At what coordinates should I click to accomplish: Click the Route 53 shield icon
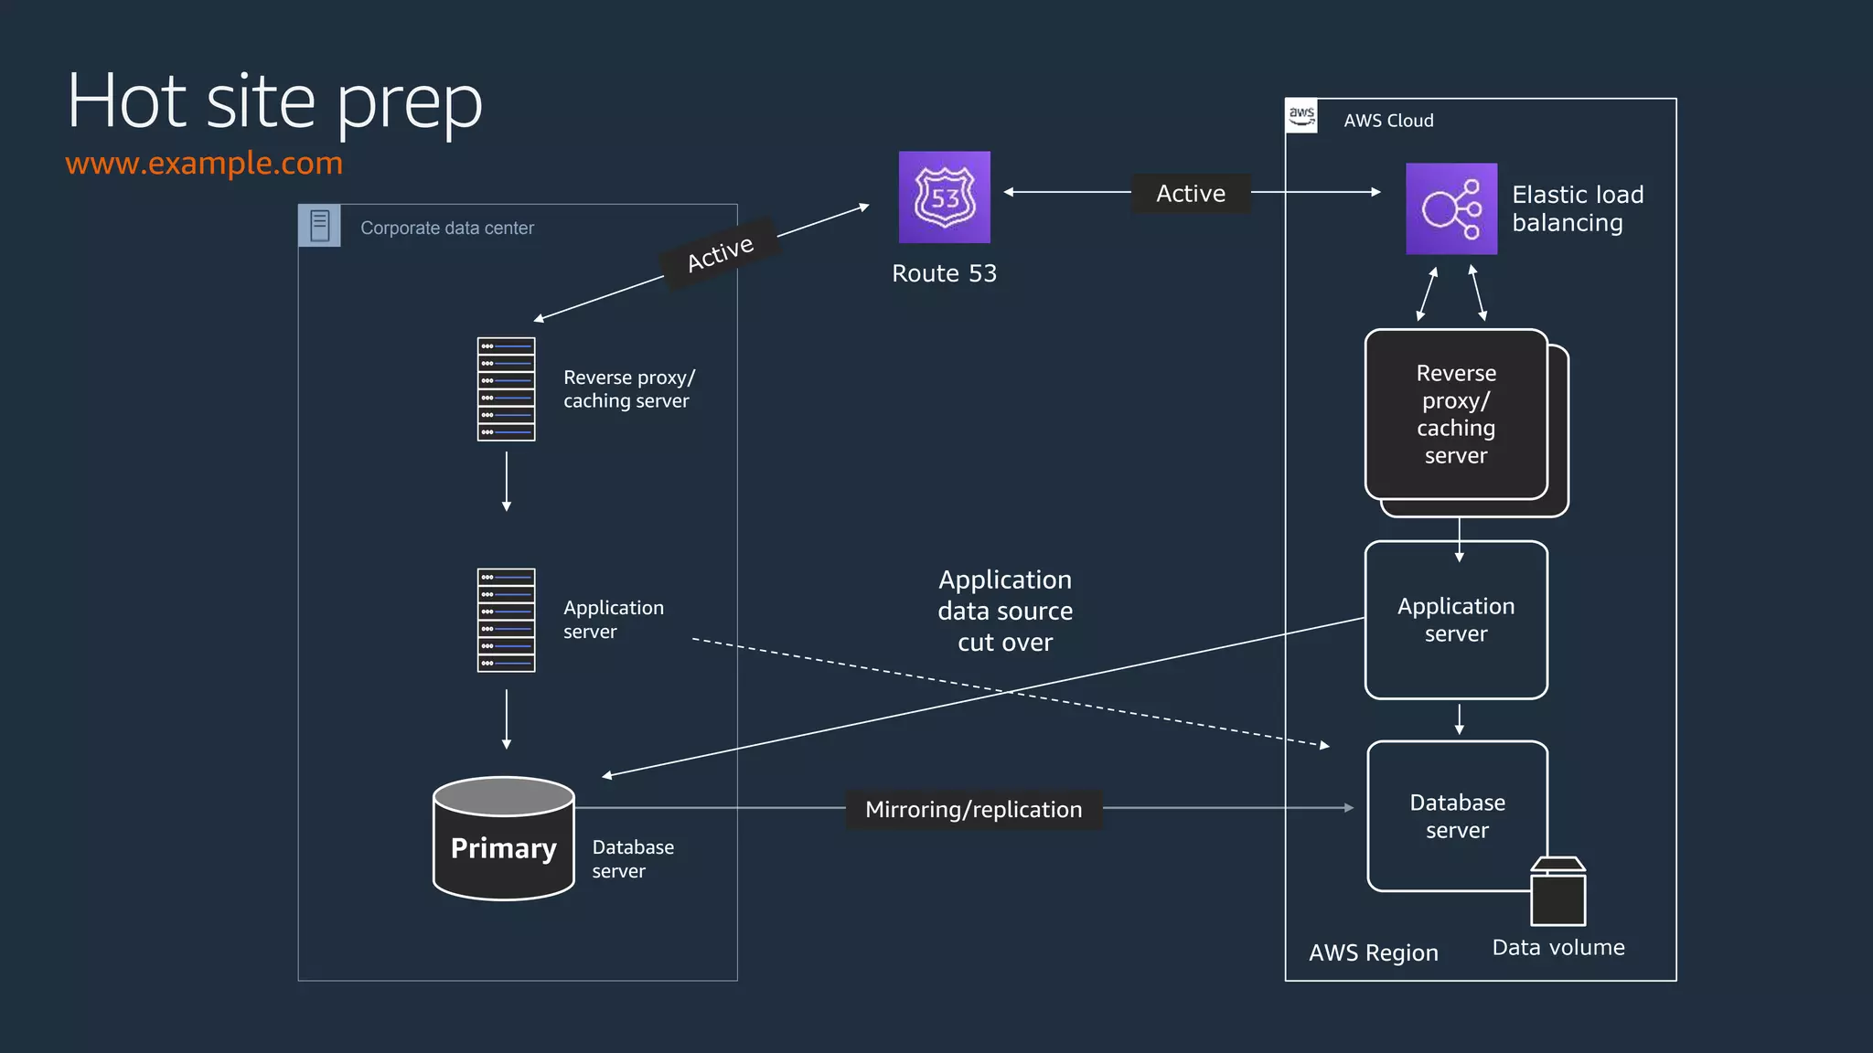tap(944, 197)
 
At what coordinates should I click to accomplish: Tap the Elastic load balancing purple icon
tap(1450, 208)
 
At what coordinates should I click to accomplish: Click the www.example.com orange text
tap(204, 163)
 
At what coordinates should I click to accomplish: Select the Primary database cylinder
tap(503, 839)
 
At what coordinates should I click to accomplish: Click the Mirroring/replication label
tap(973, 809)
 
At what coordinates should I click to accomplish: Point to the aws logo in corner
tap(1301, 116)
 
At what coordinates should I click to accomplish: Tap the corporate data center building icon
tap(319, 226)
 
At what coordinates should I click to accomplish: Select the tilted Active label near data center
tap(721, 253)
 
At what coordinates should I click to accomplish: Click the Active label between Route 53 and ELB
tap(1190, 194)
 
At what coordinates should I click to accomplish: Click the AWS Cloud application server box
tap(1456, 620)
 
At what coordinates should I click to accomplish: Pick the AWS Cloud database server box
tap(1456, 815)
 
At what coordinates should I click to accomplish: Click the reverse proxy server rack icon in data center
tap(506, 389)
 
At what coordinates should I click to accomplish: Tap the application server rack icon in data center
tap(506, 620)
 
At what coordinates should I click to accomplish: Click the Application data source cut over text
tap(1005, 611)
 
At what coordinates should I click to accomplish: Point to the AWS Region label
tap(1373, 952)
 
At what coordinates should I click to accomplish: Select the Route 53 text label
tap(944, 273)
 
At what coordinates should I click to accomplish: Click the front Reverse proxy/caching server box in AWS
tap(1456, 414)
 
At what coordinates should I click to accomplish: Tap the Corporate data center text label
tap(446, 228)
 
